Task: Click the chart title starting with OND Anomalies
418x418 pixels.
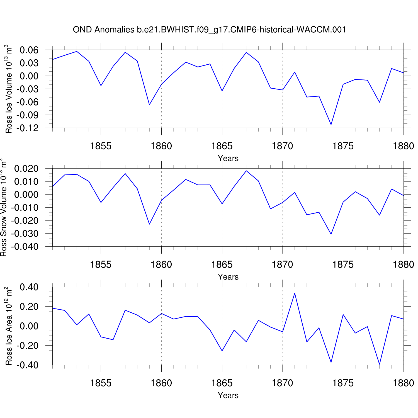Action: [x=209, y=30]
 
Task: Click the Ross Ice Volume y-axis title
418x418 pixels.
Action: [x=9, y=89]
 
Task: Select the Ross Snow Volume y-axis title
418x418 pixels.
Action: [x=3, y=208]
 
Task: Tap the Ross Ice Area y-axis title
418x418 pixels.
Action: [x=9, y=326]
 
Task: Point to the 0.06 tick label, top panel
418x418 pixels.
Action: [x=29, y=50]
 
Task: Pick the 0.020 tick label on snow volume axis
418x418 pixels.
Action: [x=26, y=169]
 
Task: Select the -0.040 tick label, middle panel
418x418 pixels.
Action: [x=25, y=247]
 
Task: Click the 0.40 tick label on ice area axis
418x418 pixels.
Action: [x=29, y=287]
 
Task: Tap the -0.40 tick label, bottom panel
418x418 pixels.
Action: [x=27, y=365]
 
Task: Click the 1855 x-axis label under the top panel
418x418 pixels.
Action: [x=101, y=146]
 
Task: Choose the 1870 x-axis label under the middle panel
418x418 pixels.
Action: [x=283, y=264]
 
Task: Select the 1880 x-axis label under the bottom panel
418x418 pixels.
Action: [x=404, y=383]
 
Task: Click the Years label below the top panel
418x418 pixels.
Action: [x=228, y=158]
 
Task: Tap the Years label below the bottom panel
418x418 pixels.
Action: [x=228, y=395]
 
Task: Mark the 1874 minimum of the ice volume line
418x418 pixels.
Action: [x=331, y=125]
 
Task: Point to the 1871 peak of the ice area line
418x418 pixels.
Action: [x=295, y=293]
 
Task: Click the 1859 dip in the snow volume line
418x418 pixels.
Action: [x=149, y=224]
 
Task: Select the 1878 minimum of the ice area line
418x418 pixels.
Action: [x=380, y=364]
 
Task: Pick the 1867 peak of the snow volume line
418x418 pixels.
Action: [x=246, y=171]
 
